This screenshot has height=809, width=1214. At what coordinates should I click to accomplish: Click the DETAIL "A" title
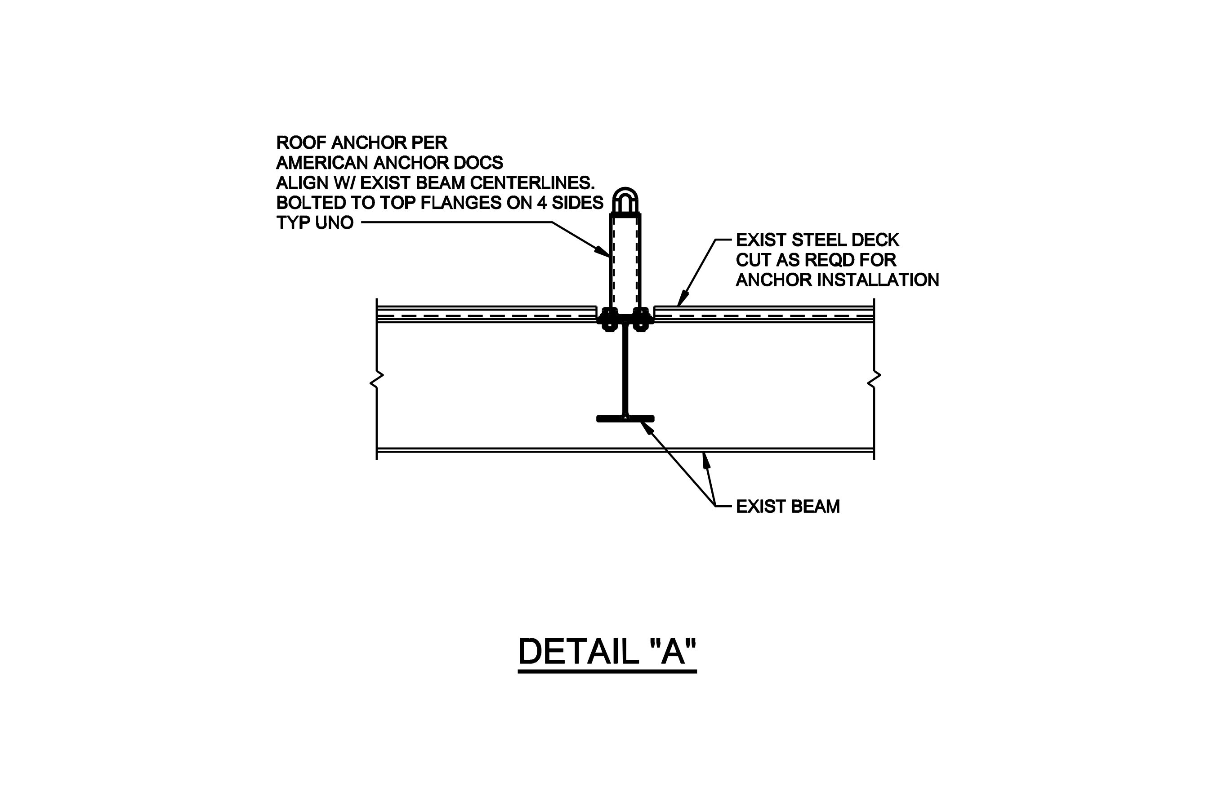(x=607, y=651)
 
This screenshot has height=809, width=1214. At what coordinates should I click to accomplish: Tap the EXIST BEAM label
(x=788, y=507)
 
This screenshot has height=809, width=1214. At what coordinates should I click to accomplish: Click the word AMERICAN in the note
(x=322, y=163)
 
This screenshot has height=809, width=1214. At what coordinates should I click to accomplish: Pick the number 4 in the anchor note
(x=541, y=203)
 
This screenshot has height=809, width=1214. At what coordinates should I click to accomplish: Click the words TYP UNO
(x=315, y=223)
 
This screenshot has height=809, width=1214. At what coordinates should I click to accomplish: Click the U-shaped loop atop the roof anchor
(x=625, y=200)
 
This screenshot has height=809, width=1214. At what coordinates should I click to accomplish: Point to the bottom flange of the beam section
(x=625, y=419)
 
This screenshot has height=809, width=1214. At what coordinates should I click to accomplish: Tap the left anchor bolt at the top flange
(x=610, y=320)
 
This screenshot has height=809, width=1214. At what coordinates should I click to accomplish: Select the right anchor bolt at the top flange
(x=641, y=320)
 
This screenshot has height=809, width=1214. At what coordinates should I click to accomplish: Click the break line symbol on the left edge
(x=377, y=380)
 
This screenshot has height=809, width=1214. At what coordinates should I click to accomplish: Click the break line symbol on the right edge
(x=874, y=380)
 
